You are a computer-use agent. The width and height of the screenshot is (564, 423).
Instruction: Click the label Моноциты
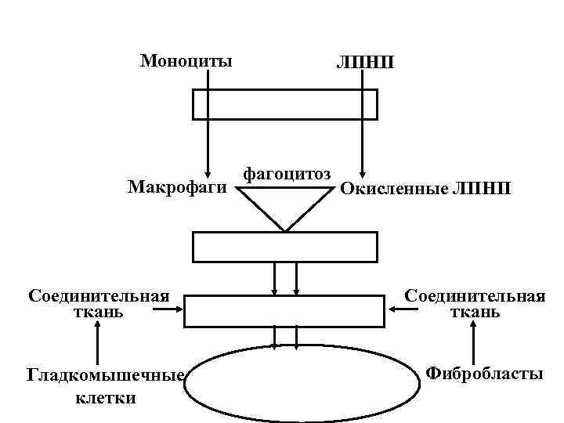pyautogui.click(x=186, y=60)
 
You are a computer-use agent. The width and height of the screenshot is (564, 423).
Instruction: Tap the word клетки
pyautogui.click(x=105, y=397)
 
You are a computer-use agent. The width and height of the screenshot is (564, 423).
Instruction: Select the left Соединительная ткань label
pyautogui.click(x=99, y=304)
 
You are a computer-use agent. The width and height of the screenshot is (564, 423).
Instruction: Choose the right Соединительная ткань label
pyautogui.click(x=475, y=304)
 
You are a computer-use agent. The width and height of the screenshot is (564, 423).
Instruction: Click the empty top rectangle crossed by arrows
pyautogui.click(x=285, y=104)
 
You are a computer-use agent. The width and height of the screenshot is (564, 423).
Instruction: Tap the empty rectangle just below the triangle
pyautogui.click(x=285, y=247)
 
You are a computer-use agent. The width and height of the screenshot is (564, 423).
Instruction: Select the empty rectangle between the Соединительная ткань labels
pyautogui.click(x=284, y=311)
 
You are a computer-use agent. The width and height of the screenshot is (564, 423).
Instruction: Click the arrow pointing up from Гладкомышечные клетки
pyautogui.click(x=98, y=345)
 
